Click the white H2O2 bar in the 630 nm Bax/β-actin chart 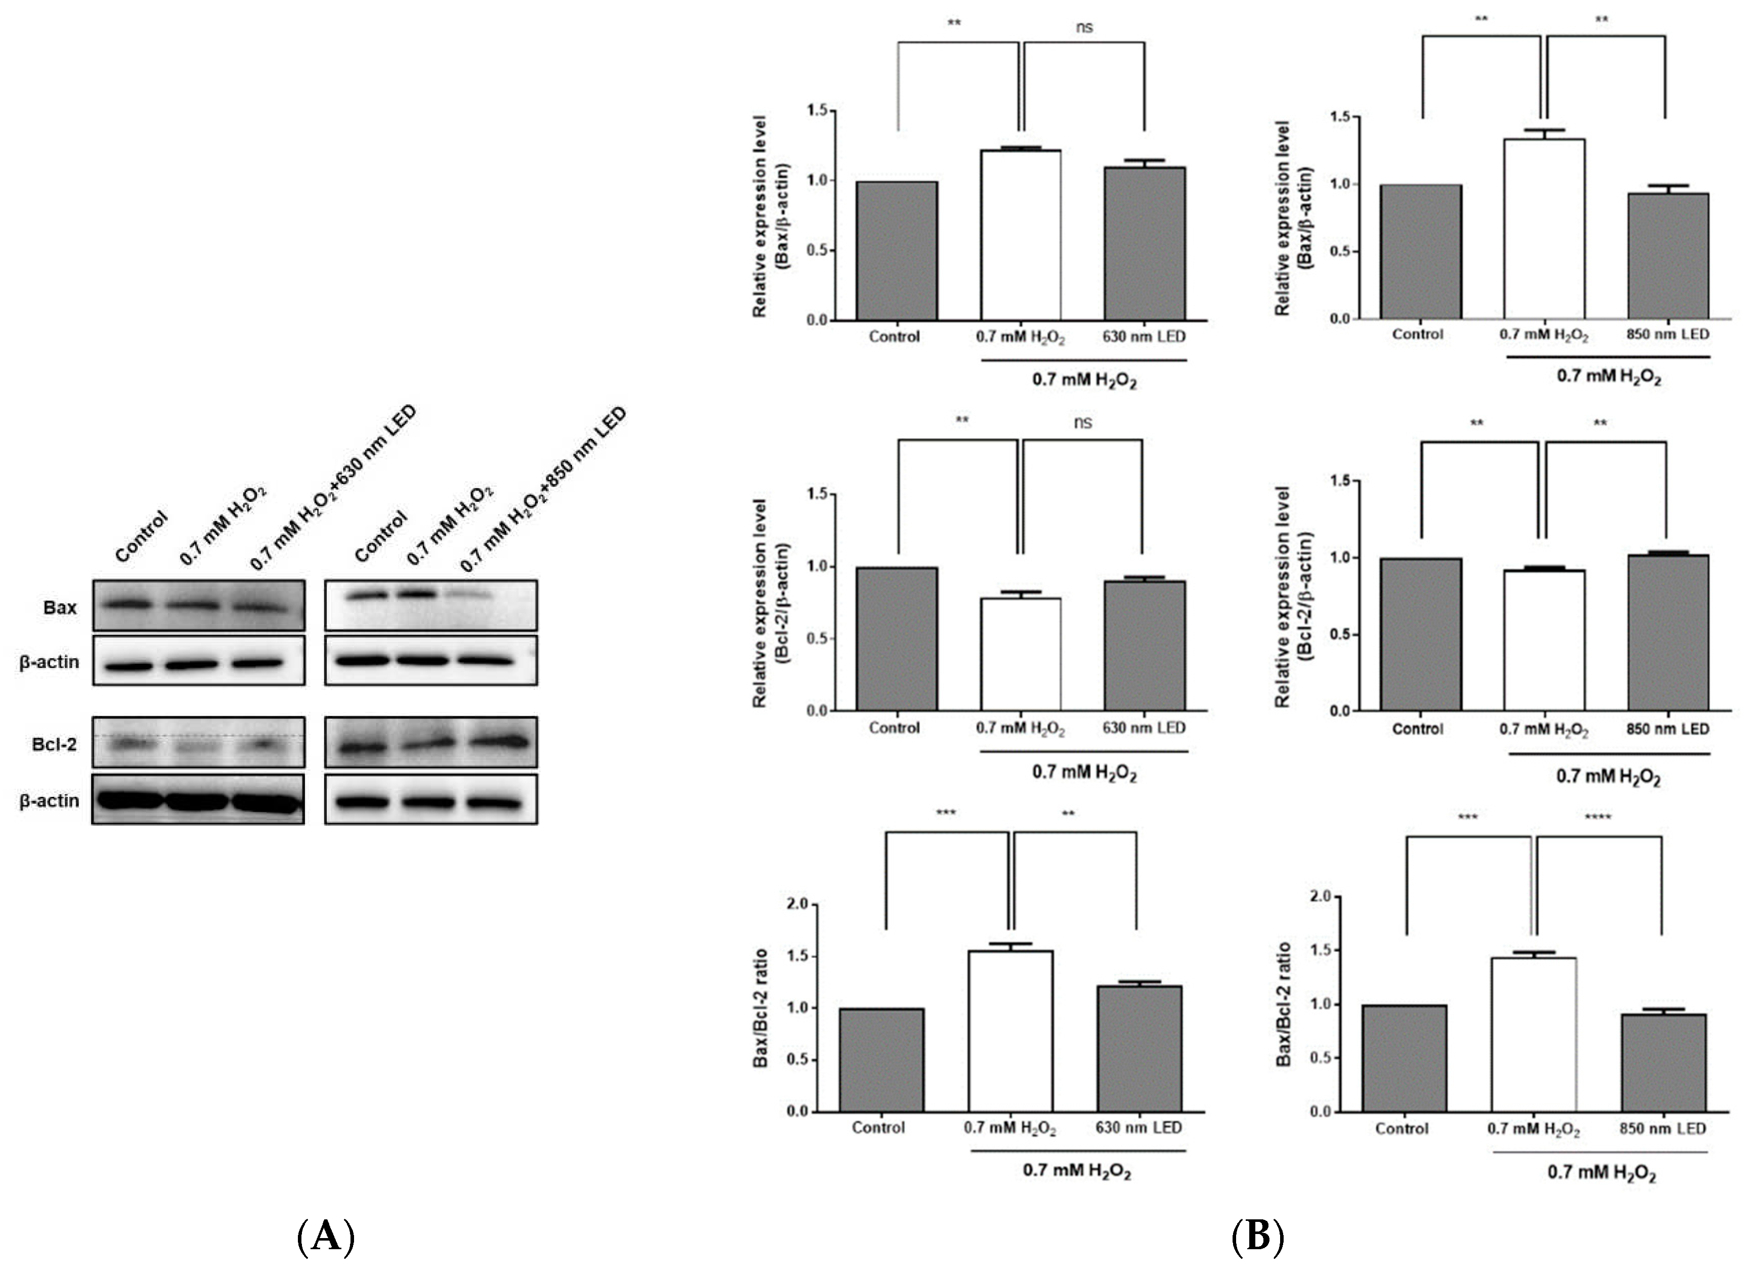coord(1020,235)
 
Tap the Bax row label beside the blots coord(60,608)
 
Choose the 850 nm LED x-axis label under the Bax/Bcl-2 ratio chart coord(1662,1128)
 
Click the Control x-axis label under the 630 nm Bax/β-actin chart coord(894,336)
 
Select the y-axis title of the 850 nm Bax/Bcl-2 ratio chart coord(1283,1004)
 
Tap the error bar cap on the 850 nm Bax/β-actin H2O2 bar coord(1544,130)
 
